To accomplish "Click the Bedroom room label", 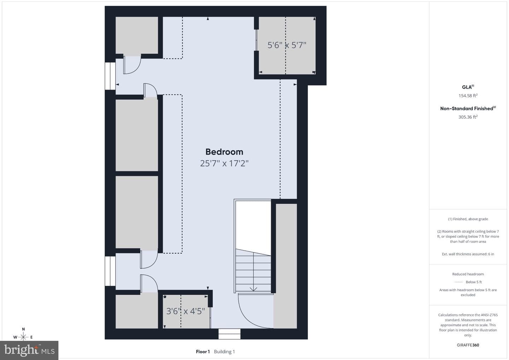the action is point(224,152).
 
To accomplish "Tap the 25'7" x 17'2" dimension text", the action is point(224,163).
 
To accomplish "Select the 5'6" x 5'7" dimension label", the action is point(287,45).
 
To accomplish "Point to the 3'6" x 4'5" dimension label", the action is point(186,311).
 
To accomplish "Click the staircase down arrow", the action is point(253,289).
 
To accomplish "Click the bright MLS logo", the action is point(29,350).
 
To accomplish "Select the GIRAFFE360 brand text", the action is point(468,345).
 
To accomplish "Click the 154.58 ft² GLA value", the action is point(468,95).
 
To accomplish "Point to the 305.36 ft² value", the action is point(468,117).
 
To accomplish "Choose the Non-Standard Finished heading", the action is point(468,109).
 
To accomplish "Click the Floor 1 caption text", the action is point(203,352).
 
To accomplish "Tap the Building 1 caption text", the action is point(224,352).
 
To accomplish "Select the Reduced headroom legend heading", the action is point(468,274).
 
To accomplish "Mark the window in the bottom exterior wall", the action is point(229,334).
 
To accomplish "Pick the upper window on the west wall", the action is point(110,76).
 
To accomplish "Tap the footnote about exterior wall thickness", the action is point(468,254).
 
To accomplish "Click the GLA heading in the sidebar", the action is point(468,87).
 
